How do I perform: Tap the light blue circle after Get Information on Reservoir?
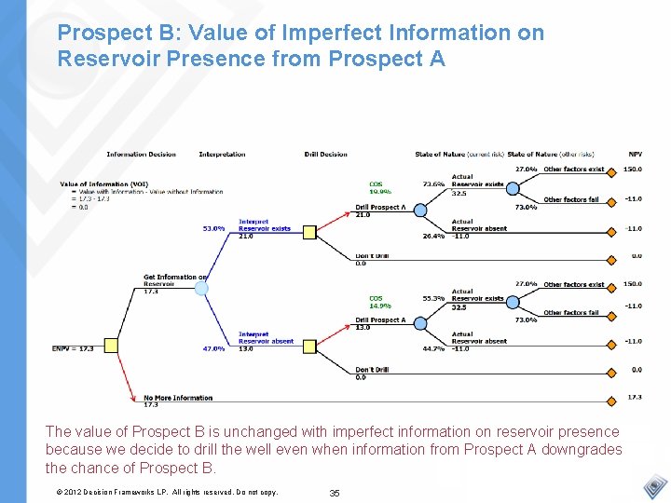pos(201,289)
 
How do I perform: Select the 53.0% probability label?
pos(213,228)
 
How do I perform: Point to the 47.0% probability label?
pos(213,349)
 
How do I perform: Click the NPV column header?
pos(635,154)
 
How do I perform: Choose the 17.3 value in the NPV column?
pos(635,398)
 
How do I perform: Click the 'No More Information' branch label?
pos(178,398)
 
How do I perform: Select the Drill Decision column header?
pos(325,154)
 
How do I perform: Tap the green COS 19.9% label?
pos(379,187)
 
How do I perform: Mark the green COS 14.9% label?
pos(379,302)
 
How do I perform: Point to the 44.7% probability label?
pos(433,348)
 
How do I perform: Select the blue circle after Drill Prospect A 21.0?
pos(420,211)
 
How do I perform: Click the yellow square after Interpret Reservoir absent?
pos(309,346)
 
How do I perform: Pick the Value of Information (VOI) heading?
pos(103,184)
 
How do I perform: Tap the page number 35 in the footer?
pos(335,492)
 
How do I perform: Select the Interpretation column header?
pos(222,154)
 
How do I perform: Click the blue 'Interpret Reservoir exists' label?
pos(264,225)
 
